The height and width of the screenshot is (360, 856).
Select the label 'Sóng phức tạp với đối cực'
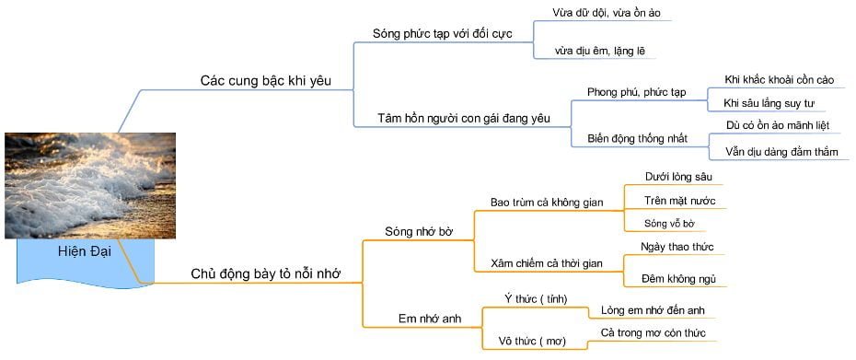point(441,33)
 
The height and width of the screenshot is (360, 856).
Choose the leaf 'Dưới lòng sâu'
point(678,176)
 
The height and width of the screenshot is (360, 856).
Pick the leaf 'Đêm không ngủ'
point(678,279)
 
